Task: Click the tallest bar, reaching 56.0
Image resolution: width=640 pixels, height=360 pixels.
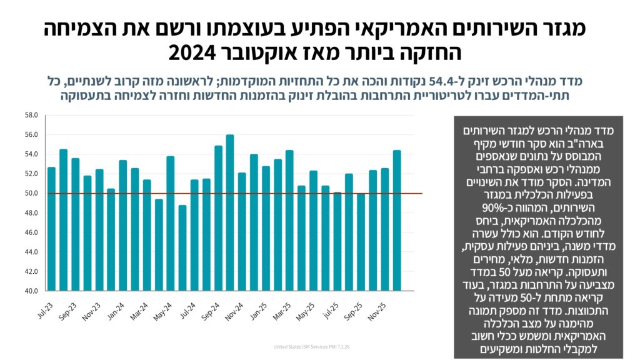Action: coord(230,212)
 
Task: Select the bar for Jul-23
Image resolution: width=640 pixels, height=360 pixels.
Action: coord(51,229)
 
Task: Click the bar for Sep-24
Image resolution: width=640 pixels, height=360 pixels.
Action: coord(218,218)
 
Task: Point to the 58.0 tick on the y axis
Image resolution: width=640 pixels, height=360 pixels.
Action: coord(32,115)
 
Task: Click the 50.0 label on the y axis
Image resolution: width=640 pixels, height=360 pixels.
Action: coord(32,193)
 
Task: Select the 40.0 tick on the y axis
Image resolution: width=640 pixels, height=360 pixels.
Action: coord(32,291)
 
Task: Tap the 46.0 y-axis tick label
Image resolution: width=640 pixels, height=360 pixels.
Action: coord(32,232)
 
